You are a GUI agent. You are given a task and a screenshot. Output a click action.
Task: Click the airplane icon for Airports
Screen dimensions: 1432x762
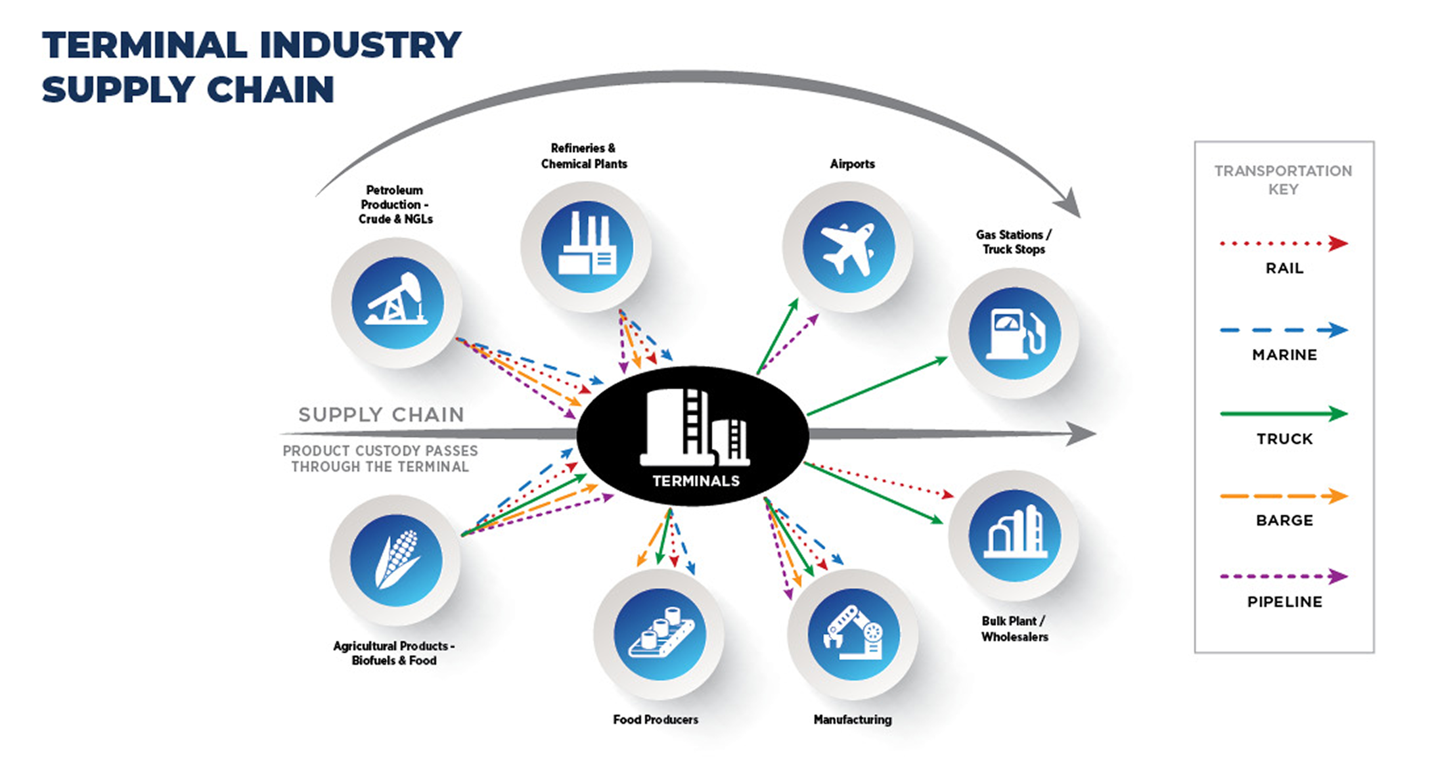[x=848, y=248]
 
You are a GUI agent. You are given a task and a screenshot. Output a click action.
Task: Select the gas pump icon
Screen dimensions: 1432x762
[x=1015, y=334]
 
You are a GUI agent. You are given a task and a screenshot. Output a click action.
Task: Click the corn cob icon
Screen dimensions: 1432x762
[x=397, y=559]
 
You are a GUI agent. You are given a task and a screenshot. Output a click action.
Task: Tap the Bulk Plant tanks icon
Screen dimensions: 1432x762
[x=1015, y=532]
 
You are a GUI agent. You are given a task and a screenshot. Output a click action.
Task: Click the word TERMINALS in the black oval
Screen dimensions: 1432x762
[x=696, y=481]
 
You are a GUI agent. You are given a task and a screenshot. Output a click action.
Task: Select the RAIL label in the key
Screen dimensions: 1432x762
[x=1284, y=268]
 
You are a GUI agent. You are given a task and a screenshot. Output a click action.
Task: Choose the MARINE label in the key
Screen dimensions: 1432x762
[x=1284, y=355]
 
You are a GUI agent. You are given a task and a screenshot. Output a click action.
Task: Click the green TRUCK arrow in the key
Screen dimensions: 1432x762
[x=1284, y=414]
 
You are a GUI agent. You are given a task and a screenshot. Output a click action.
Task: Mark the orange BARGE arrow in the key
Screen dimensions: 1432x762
[x=1284, y=496]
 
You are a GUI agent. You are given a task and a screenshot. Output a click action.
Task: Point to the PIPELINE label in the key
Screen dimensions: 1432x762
[x=1284, y=602]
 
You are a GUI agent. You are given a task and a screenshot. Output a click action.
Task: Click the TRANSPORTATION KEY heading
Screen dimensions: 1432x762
[x=1283, y=180]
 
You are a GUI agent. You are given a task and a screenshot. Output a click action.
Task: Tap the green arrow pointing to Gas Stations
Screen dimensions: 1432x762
[x=878, y=386]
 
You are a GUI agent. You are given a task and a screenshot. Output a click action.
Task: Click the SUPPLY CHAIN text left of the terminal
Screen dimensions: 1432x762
[x=381, y=415]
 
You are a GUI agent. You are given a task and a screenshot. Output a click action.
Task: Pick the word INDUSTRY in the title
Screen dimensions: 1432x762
[x=361, y=45]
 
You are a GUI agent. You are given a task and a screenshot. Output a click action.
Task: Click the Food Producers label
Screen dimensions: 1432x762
[x=656, y=719]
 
